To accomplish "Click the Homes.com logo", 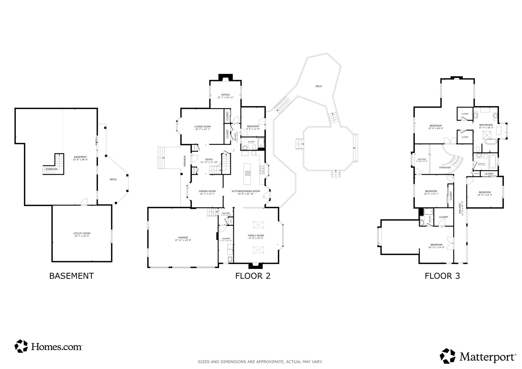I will (x=48, y=346).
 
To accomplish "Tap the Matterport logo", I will (x=478, y=356).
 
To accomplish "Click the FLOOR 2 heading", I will (x=253, y=276).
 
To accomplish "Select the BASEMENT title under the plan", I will (x=71, y=276).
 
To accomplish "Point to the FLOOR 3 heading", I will (x=442, y=276).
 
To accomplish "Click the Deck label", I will (x=318, y=86).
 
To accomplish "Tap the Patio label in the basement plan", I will (x=113, y=179).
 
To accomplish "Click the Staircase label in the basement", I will (x=52, y=169).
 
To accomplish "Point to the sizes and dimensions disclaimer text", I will (x=260, y=361).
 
